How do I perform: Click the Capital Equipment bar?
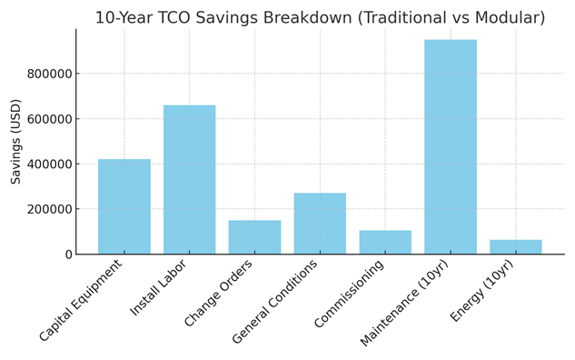click(124, 206)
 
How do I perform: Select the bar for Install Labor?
click(189, 179)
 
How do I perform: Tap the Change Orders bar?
click(254, 236)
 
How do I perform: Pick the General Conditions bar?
click(320, 223)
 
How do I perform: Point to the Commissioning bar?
click(385, 242)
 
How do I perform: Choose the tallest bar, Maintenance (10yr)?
click(451, 146)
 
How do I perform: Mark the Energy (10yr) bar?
click(515, 246)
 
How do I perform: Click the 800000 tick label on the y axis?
click(45, 74)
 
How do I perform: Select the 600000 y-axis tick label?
click(45, 119)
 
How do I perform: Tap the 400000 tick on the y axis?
click(45, 165)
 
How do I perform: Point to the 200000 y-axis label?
click(45, 209)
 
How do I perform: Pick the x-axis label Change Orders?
click(219, 294)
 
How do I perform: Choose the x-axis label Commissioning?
click(350, 294)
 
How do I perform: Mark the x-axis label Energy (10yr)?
click(482, 291)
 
